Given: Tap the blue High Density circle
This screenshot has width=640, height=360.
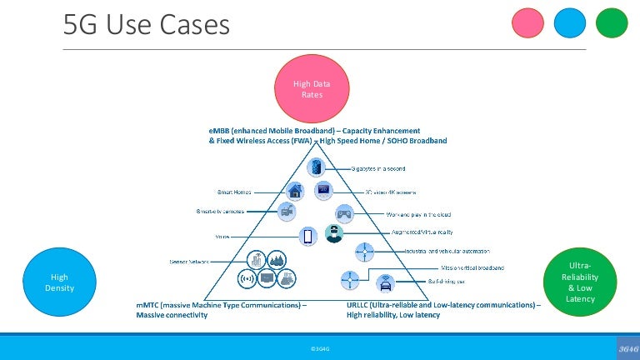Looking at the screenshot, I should [x=59, y=282].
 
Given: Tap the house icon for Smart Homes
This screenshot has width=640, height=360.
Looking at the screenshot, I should [x=295, y=190].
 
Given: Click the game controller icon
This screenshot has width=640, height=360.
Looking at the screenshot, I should [x=343, y=213].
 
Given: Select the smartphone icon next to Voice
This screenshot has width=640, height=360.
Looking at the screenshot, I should [x=307, y=237].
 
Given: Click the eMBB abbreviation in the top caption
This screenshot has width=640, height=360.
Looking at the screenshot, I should [x=221, y=131].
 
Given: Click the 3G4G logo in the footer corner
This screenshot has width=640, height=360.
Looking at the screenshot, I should [x=624, y=346].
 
